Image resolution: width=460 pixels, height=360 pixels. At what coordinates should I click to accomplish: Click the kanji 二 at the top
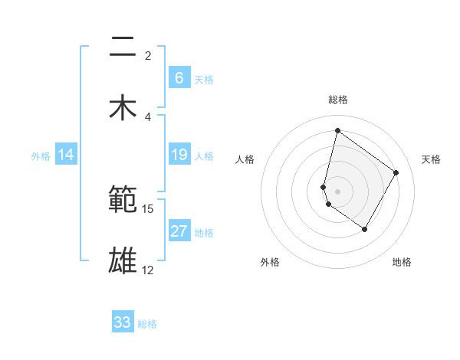[123, 47]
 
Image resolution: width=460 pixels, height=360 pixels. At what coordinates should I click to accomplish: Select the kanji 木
[123, 106]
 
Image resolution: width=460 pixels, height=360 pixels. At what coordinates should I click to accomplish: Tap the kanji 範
[123, 200]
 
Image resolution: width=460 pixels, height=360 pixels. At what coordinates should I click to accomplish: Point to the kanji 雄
[123, 260]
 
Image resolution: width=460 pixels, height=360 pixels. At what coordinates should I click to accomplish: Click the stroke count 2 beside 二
[148, 56]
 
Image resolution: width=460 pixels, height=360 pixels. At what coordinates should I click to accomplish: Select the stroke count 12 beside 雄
[148, 270]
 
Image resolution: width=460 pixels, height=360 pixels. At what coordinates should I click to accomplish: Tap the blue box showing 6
[179, 78]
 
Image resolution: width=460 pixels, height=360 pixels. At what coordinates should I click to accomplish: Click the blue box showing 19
[179, 155]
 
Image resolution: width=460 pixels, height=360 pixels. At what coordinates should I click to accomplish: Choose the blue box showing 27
[179, 231]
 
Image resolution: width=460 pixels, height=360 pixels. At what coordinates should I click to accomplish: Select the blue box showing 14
[66, 155]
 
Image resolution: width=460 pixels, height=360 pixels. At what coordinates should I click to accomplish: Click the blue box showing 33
[123, 322]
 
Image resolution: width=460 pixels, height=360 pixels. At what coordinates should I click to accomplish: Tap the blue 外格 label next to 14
[41, 155]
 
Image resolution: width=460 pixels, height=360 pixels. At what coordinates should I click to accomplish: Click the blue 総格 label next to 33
[148, 323]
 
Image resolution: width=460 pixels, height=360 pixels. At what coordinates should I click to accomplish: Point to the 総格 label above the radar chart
[338, 100]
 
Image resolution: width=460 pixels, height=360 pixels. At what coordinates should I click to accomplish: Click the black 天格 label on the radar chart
[432, 159]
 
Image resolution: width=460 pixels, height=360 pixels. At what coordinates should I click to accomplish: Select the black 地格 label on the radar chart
[402, 262]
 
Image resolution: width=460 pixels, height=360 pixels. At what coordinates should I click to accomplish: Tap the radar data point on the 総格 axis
[337, 130]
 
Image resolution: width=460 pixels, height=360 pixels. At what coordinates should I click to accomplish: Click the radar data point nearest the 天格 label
[396, 172]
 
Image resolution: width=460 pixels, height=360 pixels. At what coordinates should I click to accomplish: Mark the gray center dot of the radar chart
[338, 191]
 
